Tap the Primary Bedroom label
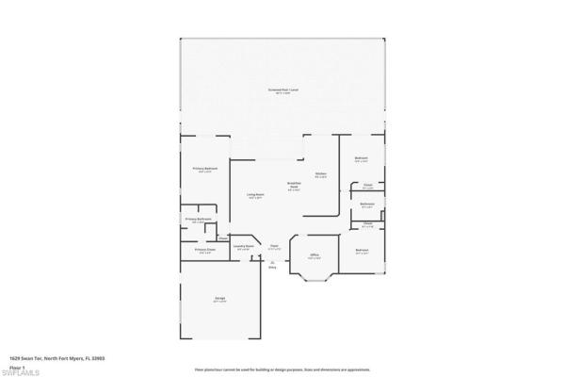tap(206, 169)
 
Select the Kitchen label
tap(321, 174)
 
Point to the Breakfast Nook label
tap(294, 186)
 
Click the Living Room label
tap(255, 196)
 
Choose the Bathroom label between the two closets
tap(368, 205)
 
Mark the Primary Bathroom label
tap(198, 220)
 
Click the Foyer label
tap(275, 247)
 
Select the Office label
tap(315, 255)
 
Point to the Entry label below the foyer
tap(273, 266)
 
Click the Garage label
tap(219, 299)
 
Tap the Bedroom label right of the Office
tap(362, 251)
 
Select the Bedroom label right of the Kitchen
tap(361, 157)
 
